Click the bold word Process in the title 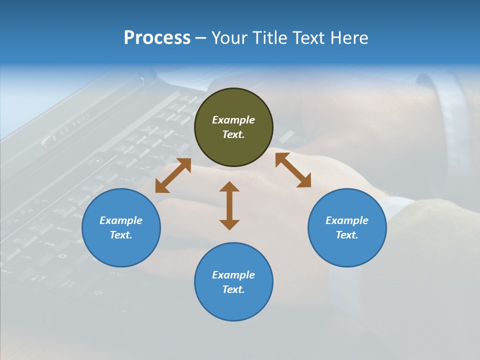(x=157, y=38)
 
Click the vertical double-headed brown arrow (x=229, y=205)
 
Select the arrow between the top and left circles (x=173, y=175)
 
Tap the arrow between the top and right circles (x=293, y=170)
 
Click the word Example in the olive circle (x=233, y=120)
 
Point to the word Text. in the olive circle (x=233, y=134)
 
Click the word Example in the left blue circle (x=121, y=220)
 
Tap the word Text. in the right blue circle (x=347, y=235)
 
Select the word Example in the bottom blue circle (x=233, y=275)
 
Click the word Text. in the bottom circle (x=233, y=289)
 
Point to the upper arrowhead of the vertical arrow (x=229, y=186)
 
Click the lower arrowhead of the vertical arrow (x=229, y=224)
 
